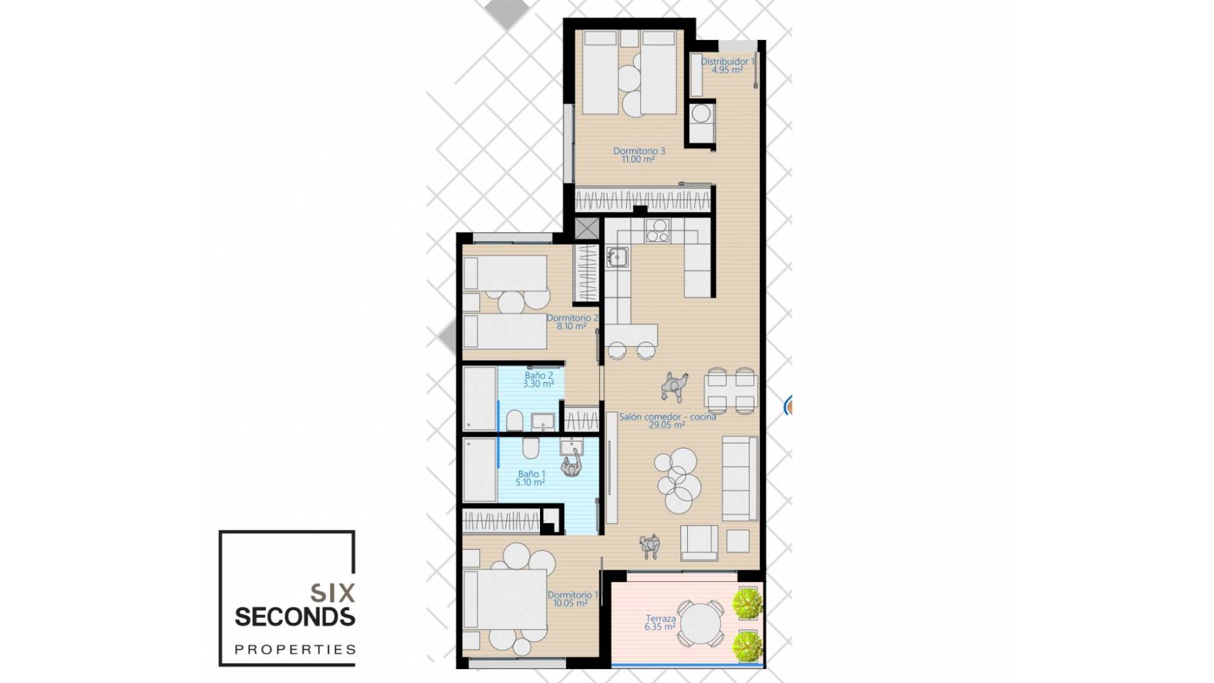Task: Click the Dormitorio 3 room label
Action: (x=639, y=151)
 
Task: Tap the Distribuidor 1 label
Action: (x=727, y=62)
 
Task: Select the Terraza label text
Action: (x=660, y=618)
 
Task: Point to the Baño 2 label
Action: (x=538, y=376)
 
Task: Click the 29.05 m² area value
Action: (x=666, y=425)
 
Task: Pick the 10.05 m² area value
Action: (x=570, y=603)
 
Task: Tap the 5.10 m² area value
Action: (x=530, y=483)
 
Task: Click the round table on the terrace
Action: (x=700, y=623)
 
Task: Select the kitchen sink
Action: (x=616, y=257)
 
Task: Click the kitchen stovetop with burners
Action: (x=658, y=231)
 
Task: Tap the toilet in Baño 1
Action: (x=530, y=448)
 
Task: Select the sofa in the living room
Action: (x=739, y=477)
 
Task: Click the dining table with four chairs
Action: (x=730, y=391)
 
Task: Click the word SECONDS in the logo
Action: (x=295, y=617)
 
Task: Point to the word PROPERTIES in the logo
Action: (x=295, y=649)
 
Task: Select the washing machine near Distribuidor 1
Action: (x=701, y=114)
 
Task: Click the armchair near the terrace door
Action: (x=699, y=543)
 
